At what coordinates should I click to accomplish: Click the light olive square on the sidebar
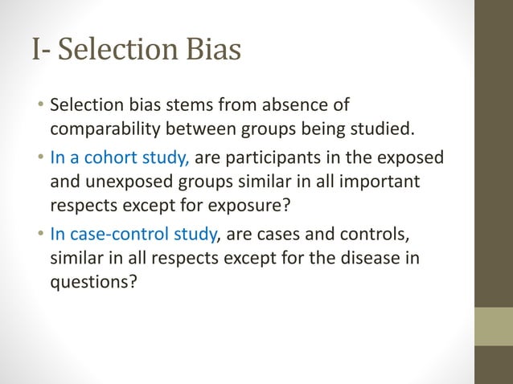point(494,325)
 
